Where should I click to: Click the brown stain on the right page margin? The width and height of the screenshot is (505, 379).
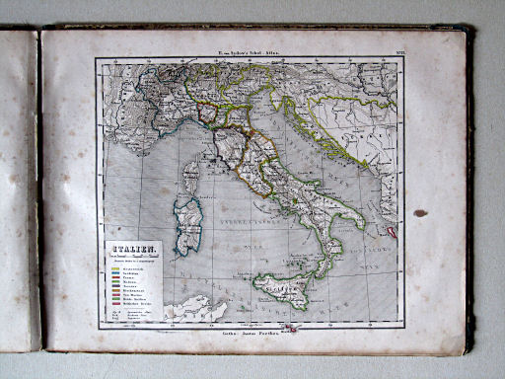420,212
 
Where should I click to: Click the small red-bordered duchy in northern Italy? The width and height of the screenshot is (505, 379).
209,111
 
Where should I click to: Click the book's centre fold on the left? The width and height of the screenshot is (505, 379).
39,188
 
